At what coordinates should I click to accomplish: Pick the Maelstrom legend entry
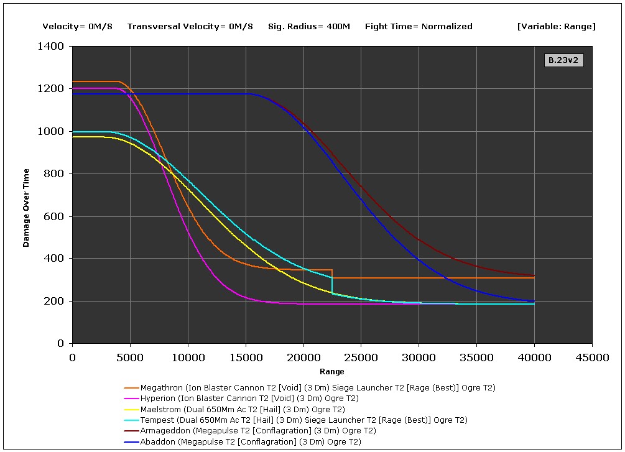243,409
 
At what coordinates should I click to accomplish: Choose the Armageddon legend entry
258,430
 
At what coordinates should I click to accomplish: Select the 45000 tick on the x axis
591,357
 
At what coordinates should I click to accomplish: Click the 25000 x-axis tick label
361,357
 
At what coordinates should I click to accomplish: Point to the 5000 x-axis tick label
130,357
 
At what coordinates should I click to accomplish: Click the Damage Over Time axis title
26,194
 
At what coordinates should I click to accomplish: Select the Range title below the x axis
331,372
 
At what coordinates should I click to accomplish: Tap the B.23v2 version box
563,60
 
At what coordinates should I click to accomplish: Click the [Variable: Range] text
556,26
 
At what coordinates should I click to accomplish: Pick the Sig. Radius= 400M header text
309,26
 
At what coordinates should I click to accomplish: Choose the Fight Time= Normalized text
419,26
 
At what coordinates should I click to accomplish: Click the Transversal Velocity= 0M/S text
190,26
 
